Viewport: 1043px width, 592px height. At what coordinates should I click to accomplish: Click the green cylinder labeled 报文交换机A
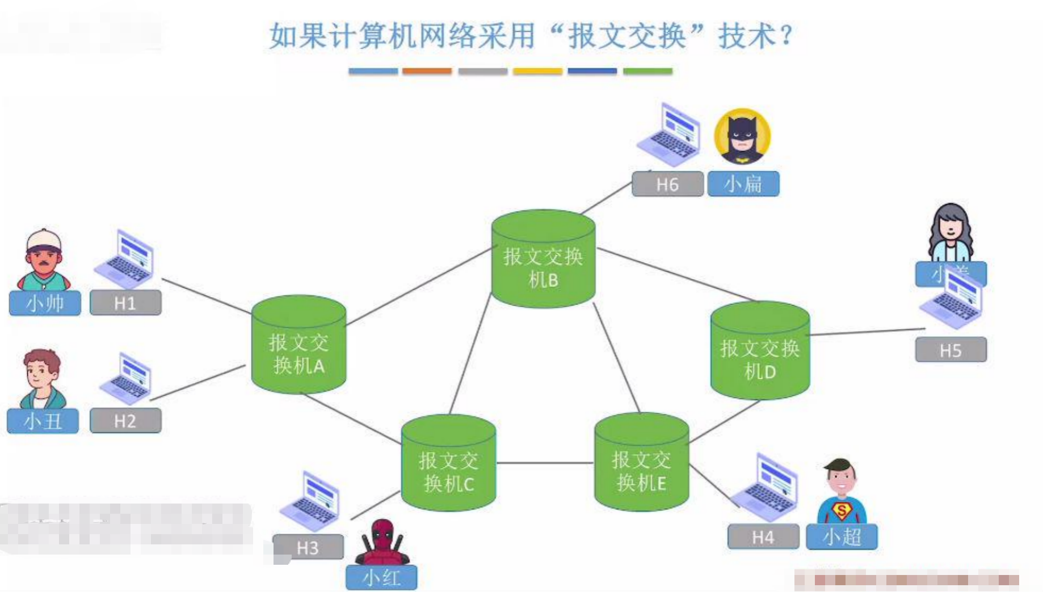point(298,345)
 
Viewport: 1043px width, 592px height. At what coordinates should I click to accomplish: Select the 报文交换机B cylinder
point(543,260)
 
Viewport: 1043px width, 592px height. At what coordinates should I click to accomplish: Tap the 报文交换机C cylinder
point(448,464)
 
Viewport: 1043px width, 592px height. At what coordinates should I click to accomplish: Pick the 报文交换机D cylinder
point(760,352)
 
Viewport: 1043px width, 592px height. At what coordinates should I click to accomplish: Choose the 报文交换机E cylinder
point(641,463)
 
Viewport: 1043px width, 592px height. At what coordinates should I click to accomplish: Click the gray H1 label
point(125,303)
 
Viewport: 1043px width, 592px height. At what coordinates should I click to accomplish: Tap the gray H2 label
point(125,421)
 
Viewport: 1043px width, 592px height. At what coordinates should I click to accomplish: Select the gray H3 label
point(308,547)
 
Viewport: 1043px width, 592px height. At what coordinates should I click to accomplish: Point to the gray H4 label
point(763,536)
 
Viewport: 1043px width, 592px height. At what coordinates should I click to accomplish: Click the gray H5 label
point(951,350)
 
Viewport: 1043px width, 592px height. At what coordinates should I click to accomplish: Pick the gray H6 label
point(667,184)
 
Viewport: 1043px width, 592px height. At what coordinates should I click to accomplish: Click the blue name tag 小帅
point(45,303)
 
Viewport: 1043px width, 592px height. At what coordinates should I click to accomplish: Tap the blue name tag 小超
point(842,536)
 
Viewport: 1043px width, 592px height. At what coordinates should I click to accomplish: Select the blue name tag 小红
point(381,577)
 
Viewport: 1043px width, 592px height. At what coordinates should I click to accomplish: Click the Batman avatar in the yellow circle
point(742,137)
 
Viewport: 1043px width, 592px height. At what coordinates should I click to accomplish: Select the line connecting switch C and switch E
point(545,463)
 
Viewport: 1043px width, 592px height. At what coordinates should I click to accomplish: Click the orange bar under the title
point(427,71)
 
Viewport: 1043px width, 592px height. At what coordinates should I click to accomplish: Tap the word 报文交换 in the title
point(626,36)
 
